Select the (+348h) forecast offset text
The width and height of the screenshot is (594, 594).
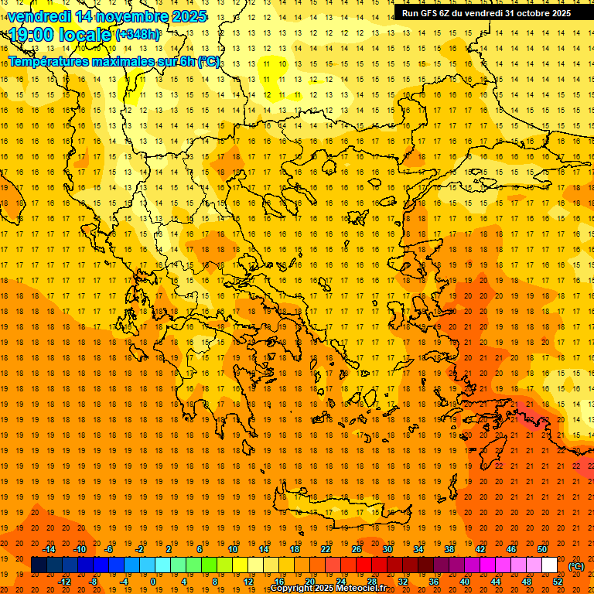click(x=138, y=34)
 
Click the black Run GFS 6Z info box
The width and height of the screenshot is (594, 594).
click(x=486, y=12)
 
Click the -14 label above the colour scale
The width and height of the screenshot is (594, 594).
click(x=49, y=549)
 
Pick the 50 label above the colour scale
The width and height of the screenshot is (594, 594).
click(x=542, y=549)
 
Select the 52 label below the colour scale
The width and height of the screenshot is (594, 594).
click(x=558, y=581)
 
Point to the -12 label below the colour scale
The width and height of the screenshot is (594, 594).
click(x=65, y=581)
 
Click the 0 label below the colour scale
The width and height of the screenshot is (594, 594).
click(x=153, y=581)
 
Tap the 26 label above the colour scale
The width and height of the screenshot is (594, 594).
click(x=357, y=549)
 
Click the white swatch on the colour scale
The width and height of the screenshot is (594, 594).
click(x=549, y=565)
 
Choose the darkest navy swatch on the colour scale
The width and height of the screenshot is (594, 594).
click(x=39, y=565)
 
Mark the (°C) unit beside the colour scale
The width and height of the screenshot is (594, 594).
click(x=576, y=566)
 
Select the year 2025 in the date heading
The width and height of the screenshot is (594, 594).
click(x=189, y=16)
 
